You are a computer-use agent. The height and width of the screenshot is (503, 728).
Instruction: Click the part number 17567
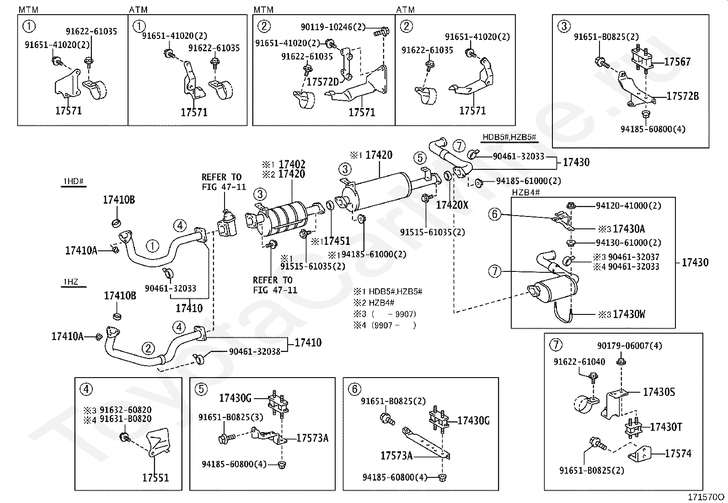[x=677, y=62]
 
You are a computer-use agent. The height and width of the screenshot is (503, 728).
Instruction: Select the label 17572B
[x=682, y=96]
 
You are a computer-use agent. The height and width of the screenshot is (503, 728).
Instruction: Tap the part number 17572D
[x=323, y=81]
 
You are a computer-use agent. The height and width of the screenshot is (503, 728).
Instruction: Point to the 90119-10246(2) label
[x=333, y=27]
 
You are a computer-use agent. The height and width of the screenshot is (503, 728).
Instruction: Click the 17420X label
[x=452, y=205]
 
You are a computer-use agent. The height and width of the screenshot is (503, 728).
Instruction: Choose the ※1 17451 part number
[x=331, y=241]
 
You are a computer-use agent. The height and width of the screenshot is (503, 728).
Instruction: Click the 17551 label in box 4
[x=155, y=478]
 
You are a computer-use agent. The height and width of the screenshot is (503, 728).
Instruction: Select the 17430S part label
[x=659, y=392]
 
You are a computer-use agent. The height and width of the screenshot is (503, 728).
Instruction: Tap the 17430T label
[x=666, y=427]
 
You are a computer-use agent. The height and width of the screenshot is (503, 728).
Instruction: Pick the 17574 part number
[x=678, y=454]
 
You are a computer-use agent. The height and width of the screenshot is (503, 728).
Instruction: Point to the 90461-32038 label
[x=255, y=352]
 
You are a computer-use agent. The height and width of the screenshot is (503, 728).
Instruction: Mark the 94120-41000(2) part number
[x=629, y=206]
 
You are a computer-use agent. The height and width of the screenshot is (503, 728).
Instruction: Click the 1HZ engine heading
[x=71, y=282]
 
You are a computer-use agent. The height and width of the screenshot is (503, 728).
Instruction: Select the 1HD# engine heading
[x=74, y=181]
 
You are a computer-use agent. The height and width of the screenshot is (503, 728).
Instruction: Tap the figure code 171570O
[x=706, y=497]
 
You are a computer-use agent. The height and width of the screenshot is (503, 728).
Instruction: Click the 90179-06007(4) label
[x=630, y=346]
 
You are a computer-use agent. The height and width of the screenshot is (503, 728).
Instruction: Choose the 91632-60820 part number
[x=125, y=410]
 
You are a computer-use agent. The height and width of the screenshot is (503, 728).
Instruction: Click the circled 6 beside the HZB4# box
[x=495, y=214]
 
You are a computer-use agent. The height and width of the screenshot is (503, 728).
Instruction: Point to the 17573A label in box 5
[x=312, y=438]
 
